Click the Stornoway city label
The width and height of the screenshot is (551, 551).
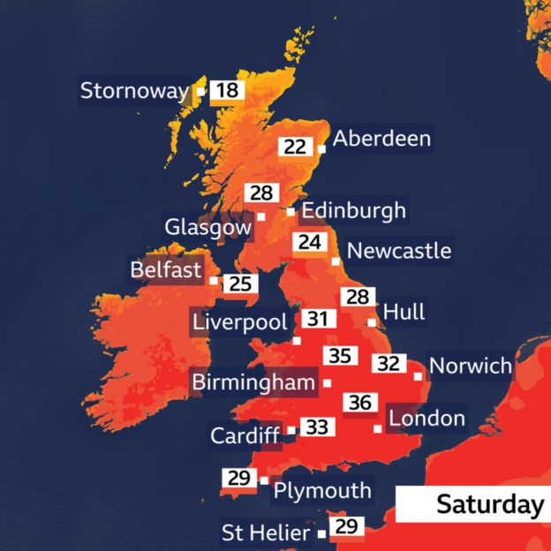(x=134, y=91)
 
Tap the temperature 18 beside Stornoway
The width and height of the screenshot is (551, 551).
(x=227, y=91)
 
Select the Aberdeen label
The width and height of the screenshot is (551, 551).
(x=381, y=139)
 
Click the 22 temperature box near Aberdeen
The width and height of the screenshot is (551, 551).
(x=295, y=147)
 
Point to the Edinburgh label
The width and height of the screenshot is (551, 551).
(x=353, y=211)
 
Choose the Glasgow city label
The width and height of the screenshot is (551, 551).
(x=208, y=227)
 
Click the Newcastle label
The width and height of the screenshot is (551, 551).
(x=398, y=251)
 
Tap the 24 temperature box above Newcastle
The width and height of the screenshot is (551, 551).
(x=307, y=242)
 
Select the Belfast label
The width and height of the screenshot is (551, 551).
(x=166, y=269)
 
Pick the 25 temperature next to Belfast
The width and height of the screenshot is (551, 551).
(x=241, y=283)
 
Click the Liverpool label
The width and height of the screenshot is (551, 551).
(x=239, y=321)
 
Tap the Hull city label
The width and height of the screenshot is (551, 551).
(x=404, y=312)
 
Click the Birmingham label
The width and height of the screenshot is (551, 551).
(x=253, y=382)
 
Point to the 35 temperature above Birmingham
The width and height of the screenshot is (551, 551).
(x=340, y=357)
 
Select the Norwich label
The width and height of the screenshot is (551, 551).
(x=469, y=366)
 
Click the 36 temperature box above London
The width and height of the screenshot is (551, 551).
(x=359, y=403)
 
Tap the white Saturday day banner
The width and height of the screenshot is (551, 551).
(x=472, y=504)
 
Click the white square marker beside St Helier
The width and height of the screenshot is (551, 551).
(x=321, y=533)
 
